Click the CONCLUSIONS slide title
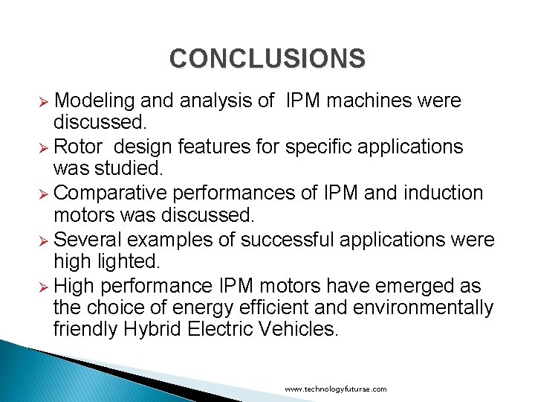click(267, 58)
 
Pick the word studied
click(133, 170)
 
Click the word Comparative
click(111, 193)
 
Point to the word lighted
click(134, 262)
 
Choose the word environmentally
click(429, 308)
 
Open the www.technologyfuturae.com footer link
click(336, 389)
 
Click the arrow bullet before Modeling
click(44, 101)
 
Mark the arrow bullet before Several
click(44, 240)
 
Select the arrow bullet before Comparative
click(44, 194)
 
